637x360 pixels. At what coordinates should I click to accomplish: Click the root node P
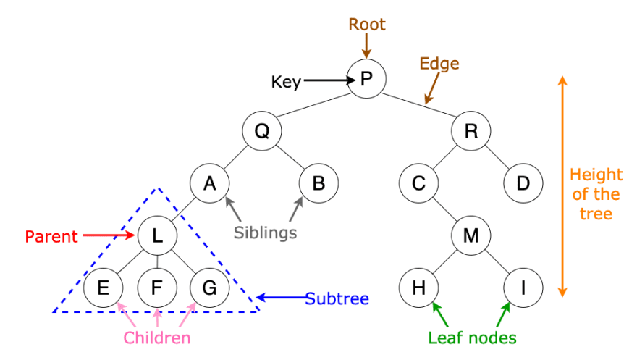point(366,79)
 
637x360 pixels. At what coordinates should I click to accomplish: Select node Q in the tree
point(261,131)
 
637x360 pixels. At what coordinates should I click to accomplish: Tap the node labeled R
point(471,131)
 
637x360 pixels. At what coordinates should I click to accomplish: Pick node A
point(210,183)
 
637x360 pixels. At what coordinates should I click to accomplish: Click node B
point(318,183)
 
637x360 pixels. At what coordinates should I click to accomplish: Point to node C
point(418,183)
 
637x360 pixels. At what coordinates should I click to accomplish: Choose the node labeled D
point(523,183)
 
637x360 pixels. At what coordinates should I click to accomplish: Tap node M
point(471,235)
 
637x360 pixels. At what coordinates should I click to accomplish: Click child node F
point(157,288)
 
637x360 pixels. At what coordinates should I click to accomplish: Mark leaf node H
point(418,288)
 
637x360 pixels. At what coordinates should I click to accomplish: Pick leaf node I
point(523,288)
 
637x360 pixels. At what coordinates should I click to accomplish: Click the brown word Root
point(367,25)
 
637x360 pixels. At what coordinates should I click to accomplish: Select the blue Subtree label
point(337,298)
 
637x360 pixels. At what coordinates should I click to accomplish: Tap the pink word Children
point(157,338)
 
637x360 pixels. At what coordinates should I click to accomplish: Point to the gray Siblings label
point(266,233)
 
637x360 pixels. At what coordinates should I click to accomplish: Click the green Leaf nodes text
point(471,338)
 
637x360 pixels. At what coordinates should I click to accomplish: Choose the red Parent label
point(51,236)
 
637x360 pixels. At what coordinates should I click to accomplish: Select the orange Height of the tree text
point(595,194)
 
